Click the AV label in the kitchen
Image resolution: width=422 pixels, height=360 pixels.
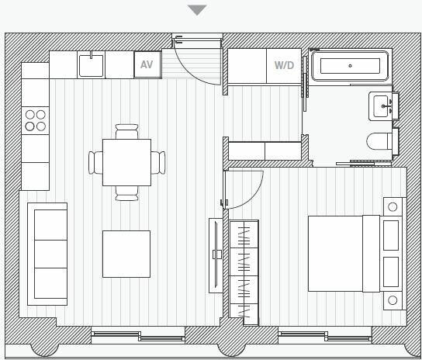click(x=147, y=65)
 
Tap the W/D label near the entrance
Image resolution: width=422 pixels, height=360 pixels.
click(x=284, y=65)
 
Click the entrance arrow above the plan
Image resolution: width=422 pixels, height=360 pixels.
click(x=198, y=10)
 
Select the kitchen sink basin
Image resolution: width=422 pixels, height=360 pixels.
click(x=92, y=66)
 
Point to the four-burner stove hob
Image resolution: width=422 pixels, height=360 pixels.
click(x=35, y=120)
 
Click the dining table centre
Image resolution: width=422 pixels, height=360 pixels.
click(x=126, y=162)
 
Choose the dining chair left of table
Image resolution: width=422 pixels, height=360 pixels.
click(x=95, y=162)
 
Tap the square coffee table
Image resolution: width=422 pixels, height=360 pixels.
click(x=126, y=253)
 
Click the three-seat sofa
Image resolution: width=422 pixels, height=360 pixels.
click(x=47, y=254)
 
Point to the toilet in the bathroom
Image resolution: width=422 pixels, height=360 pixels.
click(x=381, y=142)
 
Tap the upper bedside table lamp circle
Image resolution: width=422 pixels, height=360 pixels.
click(x=393, y=207)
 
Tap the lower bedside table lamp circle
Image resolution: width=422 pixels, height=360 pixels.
click(x=393, y=299)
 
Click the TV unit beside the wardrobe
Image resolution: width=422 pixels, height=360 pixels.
click(x=216, y=254)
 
